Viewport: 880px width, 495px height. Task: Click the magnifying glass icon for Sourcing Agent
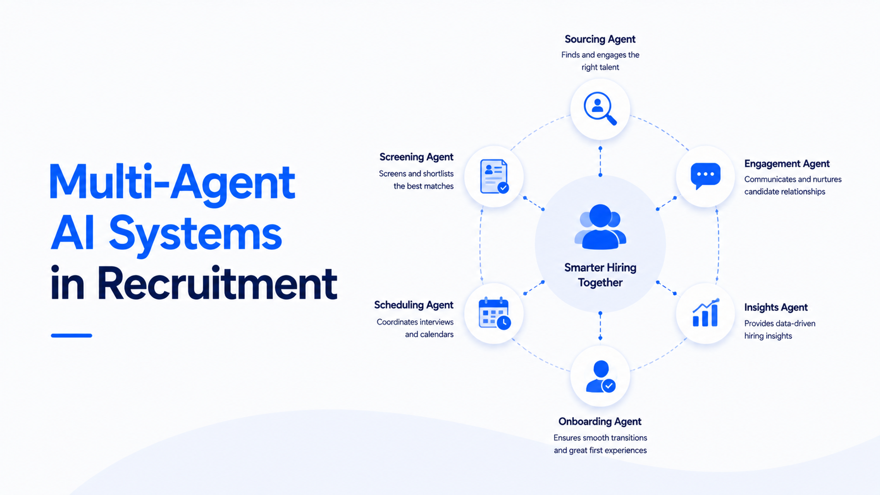tap(600, 108)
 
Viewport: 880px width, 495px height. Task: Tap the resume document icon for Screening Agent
tap(494, 176)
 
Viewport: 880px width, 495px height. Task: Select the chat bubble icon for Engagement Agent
tap(706, 176)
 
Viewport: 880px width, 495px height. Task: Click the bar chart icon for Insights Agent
tap(706, 312)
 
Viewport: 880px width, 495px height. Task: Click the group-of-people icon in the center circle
tap(601, 227)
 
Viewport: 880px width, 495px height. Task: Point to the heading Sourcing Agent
tap(600, 39)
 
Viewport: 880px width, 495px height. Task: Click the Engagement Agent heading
tap(787, 164)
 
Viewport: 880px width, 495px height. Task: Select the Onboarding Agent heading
tap(600, 421)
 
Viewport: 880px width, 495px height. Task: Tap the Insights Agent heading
tap(776, 307)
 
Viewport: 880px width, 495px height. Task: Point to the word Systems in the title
tap(195, 234)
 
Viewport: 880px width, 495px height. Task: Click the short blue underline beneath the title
tap(72, 336)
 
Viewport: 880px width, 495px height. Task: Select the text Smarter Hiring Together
tap(601, 275)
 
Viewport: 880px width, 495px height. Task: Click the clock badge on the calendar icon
tap(504, 322)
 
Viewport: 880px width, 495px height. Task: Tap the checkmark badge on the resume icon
tap(503, 188)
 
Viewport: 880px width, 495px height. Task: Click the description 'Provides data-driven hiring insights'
tap(780, 330)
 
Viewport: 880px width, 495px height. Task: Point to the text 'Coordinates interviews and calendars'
tap(415, 328)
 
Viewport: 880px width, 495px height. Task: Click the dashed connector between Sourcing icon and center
tap(601, 161)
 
